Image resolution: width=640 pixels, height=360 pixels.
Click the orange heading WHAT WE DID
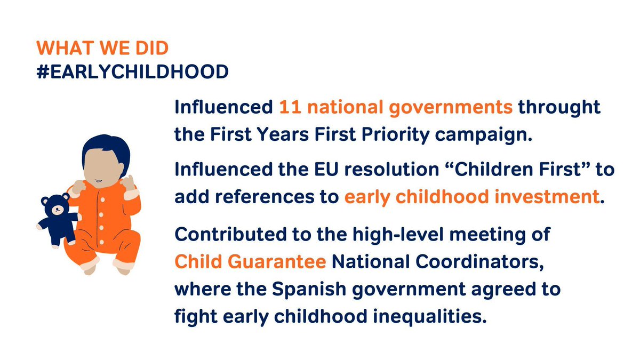102,48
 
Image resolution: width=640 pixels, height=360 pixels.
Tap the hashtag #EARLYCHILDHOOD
132,72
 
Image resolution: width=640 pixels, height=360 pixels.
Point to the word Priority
391,133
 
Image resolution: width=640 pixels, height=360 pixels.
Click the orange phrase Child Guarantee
251,262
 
